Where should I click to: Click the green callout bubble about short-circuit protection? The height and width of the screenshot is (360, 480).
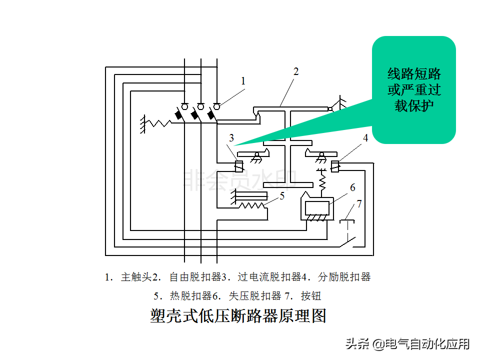(x=414, y=90)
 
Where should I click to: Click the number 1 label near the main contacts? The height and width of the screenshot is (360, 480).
(x=243, y=80)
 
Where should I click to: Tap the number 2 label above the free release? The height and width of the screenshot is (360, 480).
(x=295, y=71)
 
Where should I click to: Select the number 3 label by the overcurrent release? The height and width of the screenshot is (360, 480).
(x=231, y=137)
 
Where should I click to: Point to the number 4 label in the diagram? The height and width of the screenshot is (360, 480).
(x=365, y=138)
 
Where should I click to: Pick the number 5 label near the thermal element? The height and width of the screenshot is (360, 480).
(x=282, y=196)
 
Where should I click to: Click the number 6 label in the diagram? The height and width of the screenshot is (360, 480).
(x=352, y=187)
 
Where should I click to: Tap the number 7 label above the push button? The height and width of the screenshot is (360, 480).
(x=358, y=204)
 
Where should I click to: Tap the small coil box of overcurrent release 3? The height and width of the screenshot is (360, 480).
(x=238, y=165)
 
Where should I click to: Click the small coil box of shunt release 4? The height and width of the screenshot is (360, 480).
(x=334, y=165)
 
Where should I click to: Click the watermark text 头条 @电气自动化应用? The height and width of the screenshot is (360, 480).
(x=407, y=344)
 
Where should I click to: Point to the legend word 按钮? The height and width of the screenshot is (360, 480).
(x=311, y=296)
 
